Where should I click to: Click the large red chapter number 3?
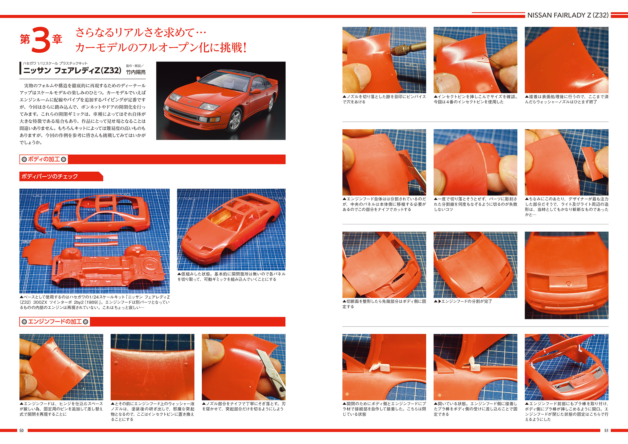[x=41, y=40]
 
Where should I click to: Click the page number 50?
[x=21, y=431]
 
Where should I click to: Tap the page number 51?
[x=606, y=431]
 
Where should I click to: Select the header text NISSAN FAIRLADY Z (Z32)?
[x=568, y=15]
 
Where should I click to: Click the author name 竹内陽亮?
[x=136, y=72]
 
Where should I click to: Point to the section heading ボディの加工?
[x=44, y=159]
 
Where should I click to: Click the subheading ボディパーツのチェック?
[x=50, y=176]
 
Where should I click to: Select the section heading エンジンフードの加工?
[x=55, y=321]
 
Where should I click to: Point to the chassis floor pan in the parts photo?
[x=108, y=267]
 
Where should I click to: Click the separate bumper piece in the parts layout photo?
[x=42, y=218]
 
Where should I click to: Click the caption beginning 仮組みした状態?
[x=231, y=276]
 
